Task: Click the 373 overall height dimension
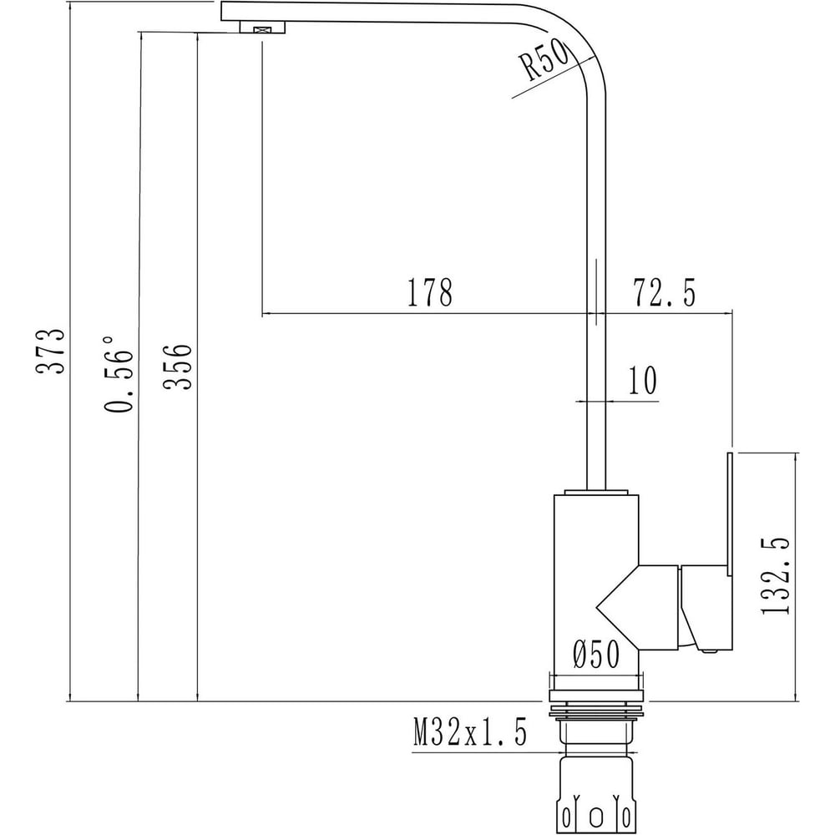coord(51,351)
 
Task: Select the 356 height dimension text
coord(177,367)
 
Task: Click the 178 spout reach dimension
coord(430,292)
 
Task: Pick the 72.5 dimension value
coord(664,292)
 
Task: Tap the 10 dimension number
coord(643,380)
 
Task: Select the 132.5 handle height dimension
coord(776,575)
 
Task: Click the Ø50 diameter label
coord(596,654)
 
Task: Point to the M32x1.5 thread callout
coord(470,731)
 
